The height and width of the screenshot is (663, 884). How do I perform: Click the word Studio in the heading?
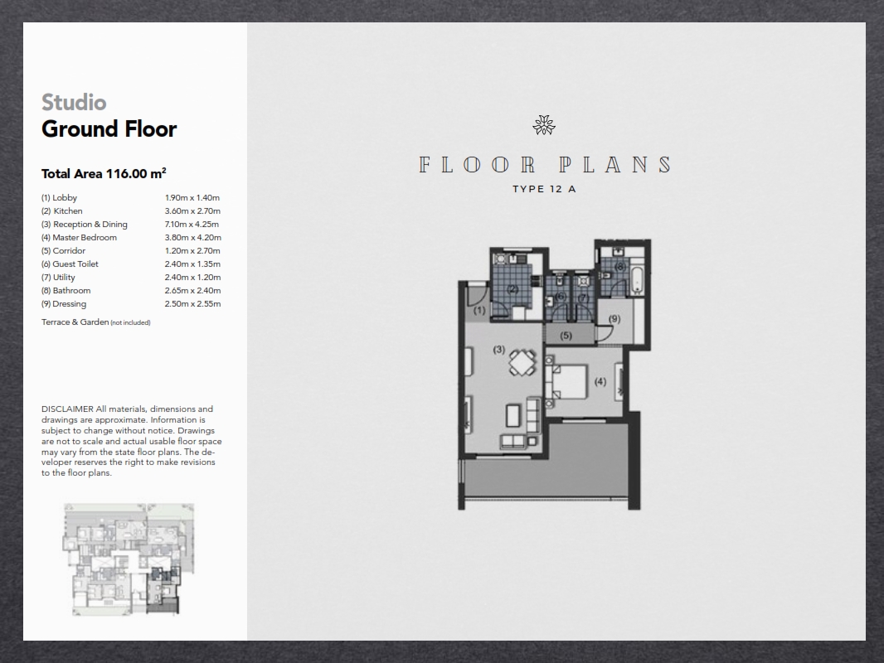click(74, 103)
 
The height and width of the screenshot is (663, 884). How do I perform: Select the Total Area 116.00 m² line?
click(104, 173)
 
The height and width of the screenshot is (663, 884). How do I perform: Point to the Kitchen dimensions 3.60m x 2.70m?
click(192, 211)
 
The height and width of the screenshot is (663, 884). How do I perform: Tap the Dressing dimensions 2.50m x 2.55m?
click(193, 304)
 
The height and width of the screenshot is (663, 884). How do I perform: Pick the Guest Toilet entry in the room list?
click(70, 264)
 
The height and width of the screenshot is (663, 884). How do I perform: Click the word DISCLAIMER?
click(67, 409)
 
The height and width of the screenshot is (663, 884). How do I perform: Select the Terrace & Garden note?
click(96, 322)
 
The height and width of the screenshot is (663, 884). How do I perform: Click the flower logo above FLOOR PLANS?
click(544, 125)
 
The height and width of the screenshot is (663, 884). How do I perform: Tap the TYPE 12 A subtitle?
click(544, 189)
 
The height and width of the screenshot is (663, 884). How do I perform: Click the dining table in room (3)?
click(522, 363)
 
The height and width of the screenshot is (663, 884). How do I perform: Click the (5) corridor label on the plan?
click(566, 336)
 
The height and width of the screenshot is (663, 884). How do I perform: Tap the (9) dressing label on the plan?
click(614, 319)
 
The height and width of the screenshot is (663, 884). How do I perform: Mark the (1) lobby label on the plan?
click(479, 311)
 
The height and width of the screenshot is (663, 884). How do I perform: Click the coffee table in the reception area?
click(513, 416)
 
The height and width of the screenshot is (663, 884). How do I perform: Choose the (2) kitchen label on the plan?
click(512, 289)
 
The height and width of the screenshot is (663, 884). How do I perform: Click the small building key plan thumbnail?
click(129, 559)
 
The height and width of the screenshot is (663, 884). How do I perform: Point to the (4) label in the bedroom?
click(600, 382)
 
